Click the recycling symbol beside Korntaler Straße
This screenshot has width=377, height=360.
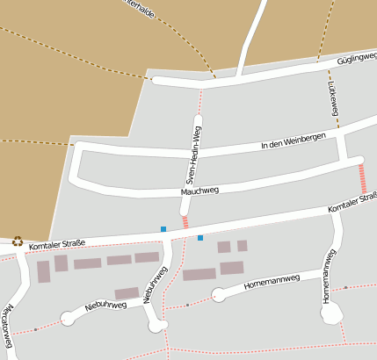tap(18, 241)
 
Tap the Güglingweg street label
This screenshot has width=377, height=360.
tap(357, 59)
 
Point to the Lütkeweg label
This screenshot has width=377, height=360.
tap(333, 105)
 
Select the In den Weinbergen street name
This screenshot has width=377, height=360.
tap(294, 140)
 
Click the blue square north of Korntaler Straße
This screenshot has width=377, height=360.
tap(163, 229)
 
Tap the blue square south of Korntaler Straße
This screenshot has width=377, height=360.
tap(200, 238)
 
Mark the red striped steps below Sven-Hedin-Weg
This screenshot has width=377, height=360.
tap(185, 222)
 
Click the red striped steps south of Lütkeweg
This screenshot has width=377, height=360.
tap(362, 179)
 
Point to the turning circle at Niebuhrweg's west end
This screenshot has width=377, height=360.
tap(69, 319)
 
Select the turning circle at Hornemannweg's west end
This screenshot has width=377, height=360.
tap(219, 293)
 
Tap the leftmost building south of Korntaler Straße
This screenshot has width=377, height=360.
tap(43, 272)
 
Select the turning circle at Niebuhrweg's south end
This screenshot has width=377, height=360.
tap(158, 326)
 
